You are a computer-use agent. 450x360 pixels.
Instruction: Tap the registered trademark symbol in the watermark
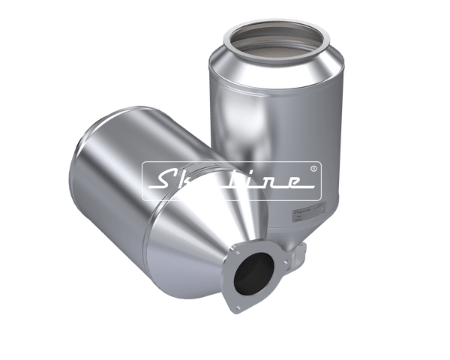(314, 169)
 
